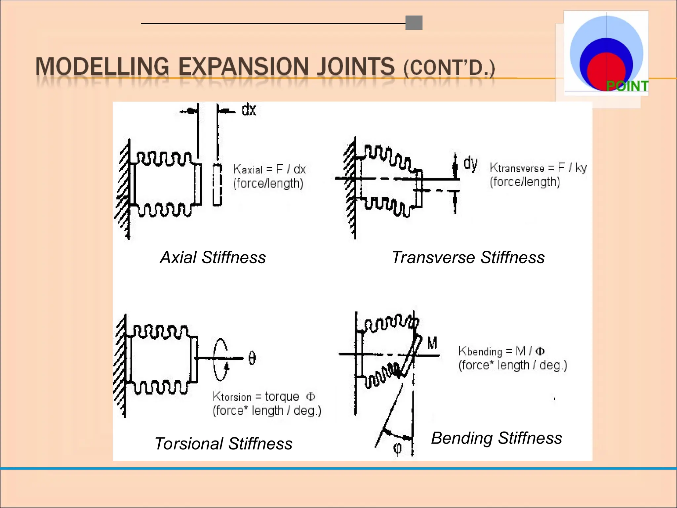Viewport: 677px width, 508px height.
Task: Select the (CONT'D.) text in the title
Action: [x=449, y=68]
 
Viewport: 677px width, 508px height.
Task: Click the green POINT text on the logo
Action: [x=627, y=86]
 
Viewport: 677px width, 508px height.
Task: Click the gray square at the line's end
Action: [x=414, y=23]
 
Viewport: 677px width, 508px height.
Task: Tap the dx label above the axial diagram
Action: [x=249, y=110]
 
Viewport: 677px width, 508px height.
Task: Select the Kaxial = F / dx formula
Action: [x=269, y=169]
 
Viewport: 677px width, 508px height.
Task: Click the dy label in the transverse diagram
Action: [x=470, y=163]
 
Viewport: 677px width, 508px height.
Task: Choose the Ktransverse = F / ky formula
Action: [x=538, y=168]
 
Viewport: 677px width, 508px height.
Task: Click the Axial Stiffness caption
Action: [x=213, y=257]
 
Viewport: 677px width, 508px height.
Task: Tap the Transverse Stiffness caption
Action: [x=468, y=257]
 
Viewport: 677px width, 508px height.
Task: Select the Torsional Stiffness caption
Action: [x=223, y=444]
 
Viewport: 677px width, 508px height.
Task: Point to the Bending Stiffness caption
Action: [x=497, y=438]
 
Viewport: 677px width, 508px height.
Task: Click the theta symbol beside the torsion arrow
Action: [x=252, y=358]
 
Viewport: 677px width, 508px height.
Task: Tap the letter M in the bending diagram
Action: [x=432, y=343]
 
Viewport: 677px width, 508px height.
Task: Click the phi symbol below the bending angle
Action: [x=398, y=449]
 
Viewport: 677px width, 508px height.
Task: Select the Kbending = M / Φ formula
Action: [x=501, y=351]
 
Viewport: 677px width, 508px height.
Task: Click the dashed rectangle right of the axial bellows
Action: [x=217, y=185]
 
